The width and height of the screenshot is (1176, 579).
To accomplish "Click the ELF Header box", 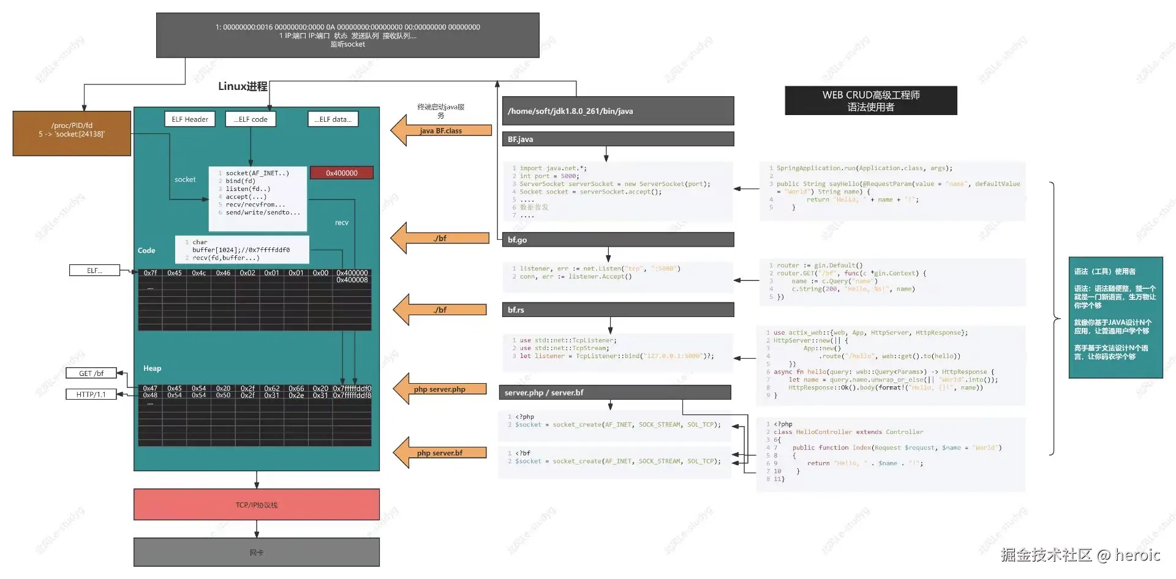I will click(x=190, y=119).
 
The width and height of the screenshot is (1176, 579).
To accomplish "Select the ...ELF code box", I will click(x=251, y=119).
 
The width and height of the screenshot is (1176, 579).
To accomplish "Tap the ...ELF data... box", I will click(x=333, y=119).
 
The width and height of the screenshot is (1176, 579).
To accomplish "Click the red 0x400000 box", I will click(x=342, y=173).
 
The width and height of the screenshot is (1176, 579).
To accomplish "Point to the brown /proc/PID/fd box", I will click(x=72, y=133).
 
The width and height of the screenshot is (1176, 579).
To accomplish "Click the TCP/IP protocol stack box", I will click(x=257, y=505).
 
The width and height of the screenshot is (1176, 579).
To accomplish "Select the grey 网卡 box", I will click(x=257, y=552).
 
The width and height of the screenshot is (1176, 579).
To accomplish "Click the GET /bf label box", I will click(x=91, y=373).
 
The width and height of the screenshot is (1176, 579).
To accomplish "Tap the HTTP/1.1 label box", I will click(x=91, y=395).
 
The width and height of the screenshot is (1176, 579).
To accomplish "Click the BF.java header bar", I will click(x=618, y=140).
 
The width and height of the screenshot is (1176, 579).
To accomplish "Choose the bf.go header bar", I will click(x=618, y=240).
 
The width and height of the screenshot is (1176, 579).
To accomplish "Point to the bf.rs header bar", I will click(x=618, y=310).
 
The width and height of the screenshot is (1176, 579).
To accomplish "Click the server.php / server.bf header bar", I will click(x=615, y=392).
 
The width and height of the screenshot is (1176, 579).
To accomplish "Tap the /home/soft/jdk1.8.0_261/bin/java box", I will click(x=618, y=111).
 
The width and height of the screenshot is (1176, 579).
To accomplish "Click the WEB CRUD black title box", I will click(x=871, y=101).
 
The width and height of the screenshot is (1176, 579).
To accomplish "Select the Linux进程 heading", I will click(x=243, y=86).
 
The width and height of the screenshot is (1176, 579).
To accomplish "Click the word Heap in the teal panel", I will click(x=153, y=368).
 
